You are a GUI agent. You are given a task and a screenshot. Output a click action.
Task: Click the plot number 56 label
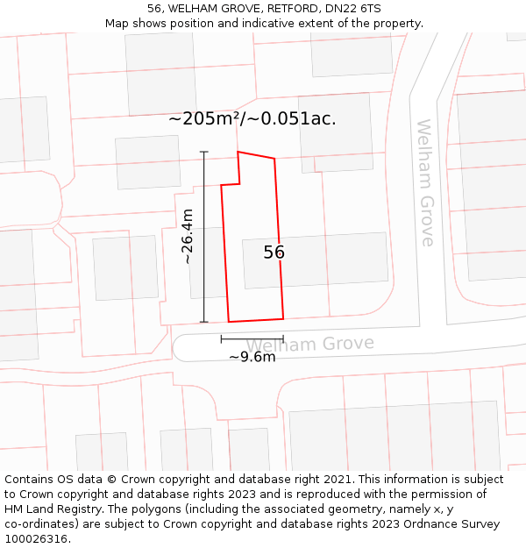tap(274, 253)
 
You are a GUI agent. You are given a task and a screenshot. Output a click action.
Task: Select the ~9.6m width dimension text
tap(252, 357)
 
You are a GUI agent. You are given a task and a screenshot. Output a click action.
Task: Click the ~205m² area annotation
tap(252, 118)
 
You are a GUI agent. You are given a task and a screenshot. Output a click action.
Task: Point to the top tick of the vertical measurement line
tap(204, 153)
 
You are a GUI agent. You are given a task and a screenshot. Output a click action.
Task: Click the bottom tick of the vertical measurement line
tap(204, 322)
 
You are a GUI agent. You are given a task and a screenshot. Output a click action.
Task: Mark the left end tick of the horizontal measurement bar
tap(221, 338)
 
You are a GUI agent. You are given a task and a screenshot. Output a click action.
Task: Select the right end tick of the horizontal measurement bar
tap(283, 338)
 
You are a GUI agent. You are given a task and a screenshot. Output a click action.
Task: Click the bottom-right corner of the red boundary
tap(283, 318)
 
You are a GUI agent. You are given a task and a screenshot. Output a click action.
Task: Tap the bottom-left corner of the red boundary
tap(229, 322)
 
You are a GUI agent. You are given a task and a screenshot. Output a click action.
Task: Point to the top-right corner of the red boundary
tap(275, 159)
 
